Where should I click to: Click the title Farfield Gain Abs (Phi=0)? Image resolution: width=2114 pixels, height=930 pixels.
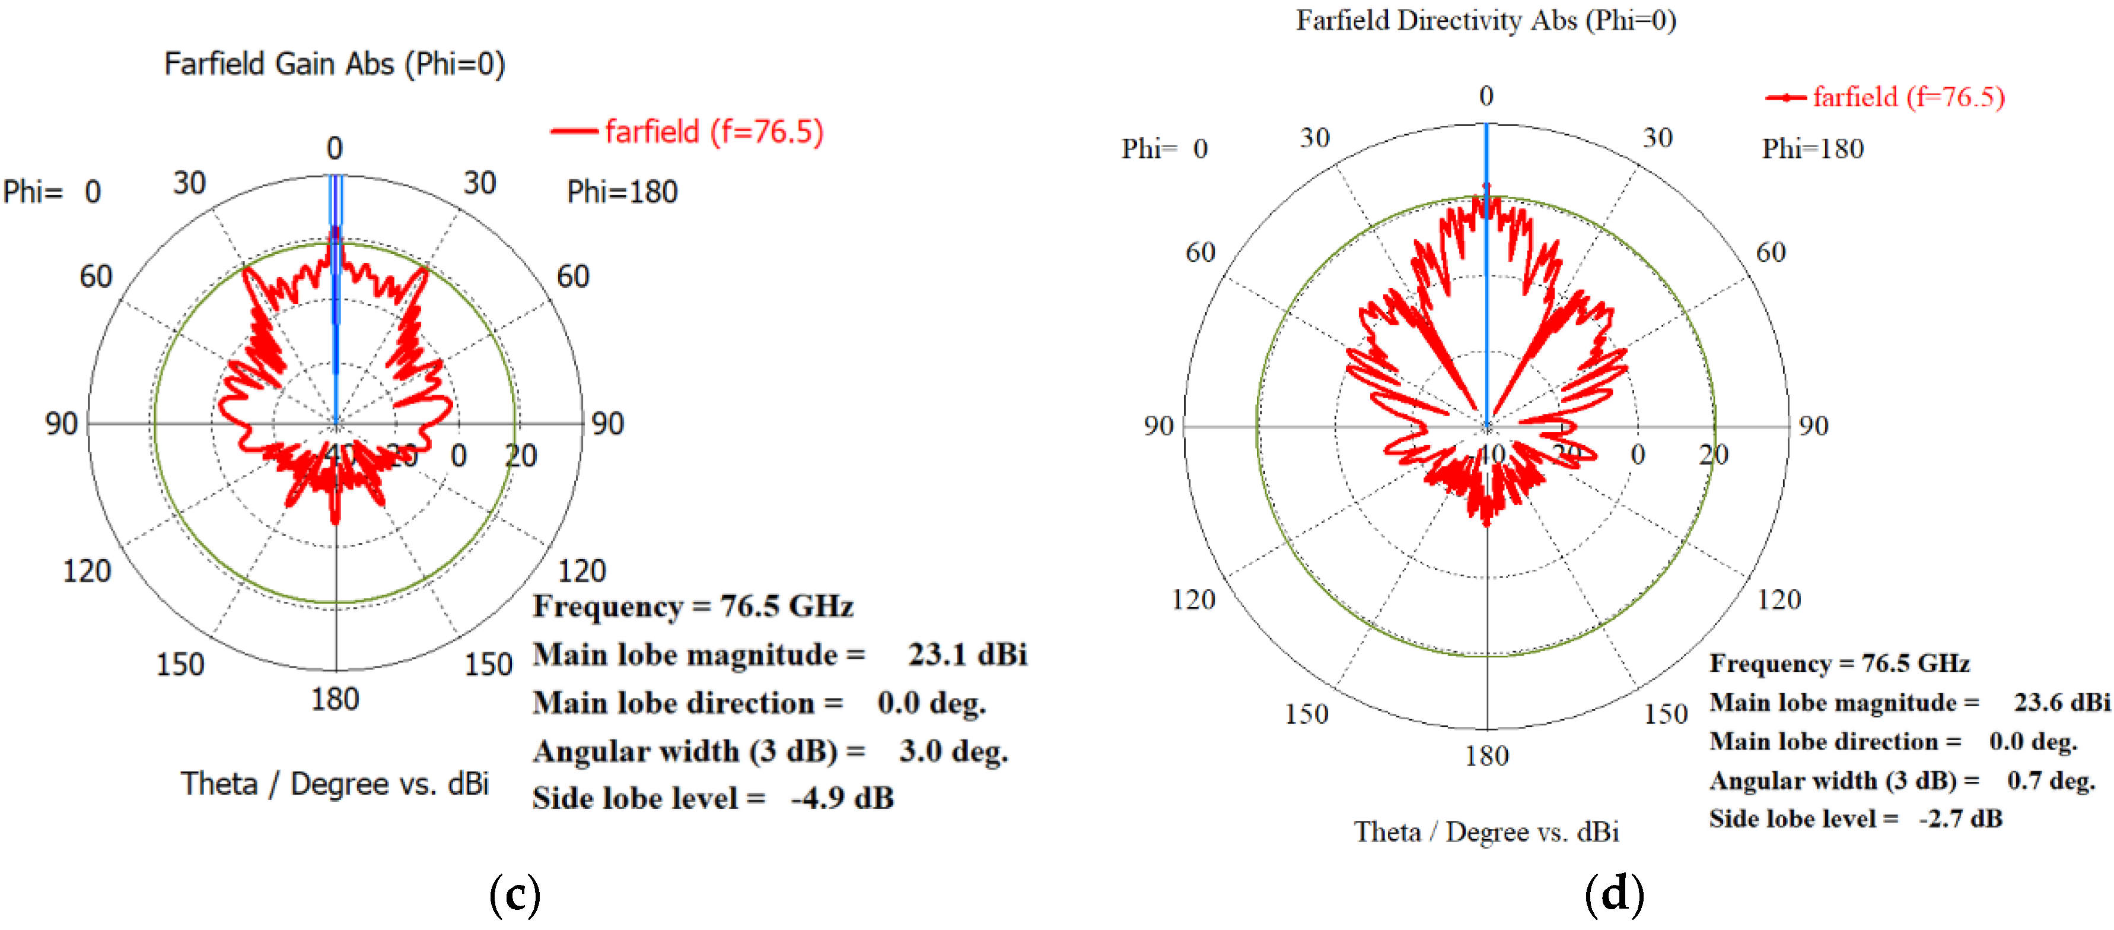coord(334,64)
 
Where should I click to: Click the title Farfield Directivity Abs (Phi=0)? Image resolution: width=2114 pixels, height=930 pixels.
coord(1485,21)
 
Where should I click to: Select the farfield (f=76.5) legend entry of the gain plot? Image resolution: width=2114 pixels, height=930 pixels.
coord(713,131)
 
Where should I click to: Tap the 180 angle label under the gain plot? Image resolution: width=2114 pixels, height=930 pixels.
coord(335,699)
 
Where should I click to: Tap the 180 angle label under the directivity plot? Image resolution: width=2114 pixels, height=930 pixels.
coord(1486,755)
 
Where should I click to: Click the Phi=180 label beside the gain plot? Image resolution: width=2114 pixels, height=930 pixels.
coord(622,192)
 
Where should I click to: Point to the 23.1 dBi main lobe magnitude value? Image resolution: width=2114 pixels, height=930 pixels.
coord(967,654)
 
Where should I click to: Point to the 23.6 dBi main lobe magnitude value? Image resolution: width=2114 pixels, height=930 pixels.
coord(2061,702)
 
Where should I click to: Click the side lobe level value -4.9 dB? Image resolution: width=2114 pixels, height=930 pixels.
coord(842,798)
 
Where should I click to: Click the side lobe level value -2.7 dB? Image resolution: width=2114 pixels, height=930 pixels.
coord(1960,818)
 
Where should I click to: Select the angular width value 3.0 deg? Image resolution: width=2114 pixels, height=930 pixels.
coord(953,750)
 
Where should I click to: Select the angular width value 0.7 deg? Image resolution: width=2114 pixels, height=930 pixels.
coord(2050,780)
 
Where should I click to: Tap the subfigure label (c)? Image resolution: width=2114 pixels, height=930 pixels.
coord(514,895)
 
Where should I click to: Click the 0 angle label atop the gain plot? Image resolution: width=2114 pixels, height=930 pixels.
coord(334,148)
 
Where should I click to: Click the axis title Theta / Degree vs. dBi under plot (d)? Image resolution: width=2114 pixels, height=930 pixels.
coord(1485,831)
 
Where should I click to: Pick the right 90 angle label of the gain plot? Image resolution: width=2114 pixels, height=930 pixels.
coord(607,424)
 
